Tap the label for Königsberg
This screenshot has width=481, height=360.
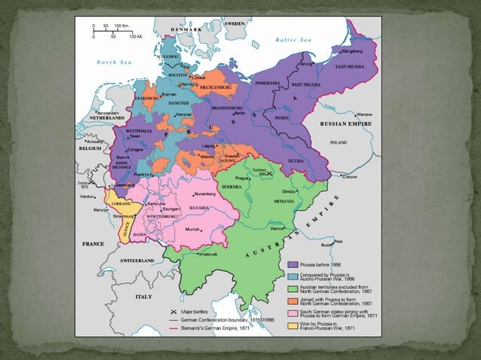tap(352, 52)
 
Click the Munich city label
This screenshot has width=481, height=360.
tap(193, 228)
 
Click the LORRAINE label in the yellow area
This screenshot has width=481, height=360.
tap(123, 203)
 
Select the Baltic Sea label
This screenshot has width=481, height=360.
tap(293, 39)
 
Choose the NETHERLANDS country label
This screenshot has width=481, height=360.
tap(104, 119)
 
